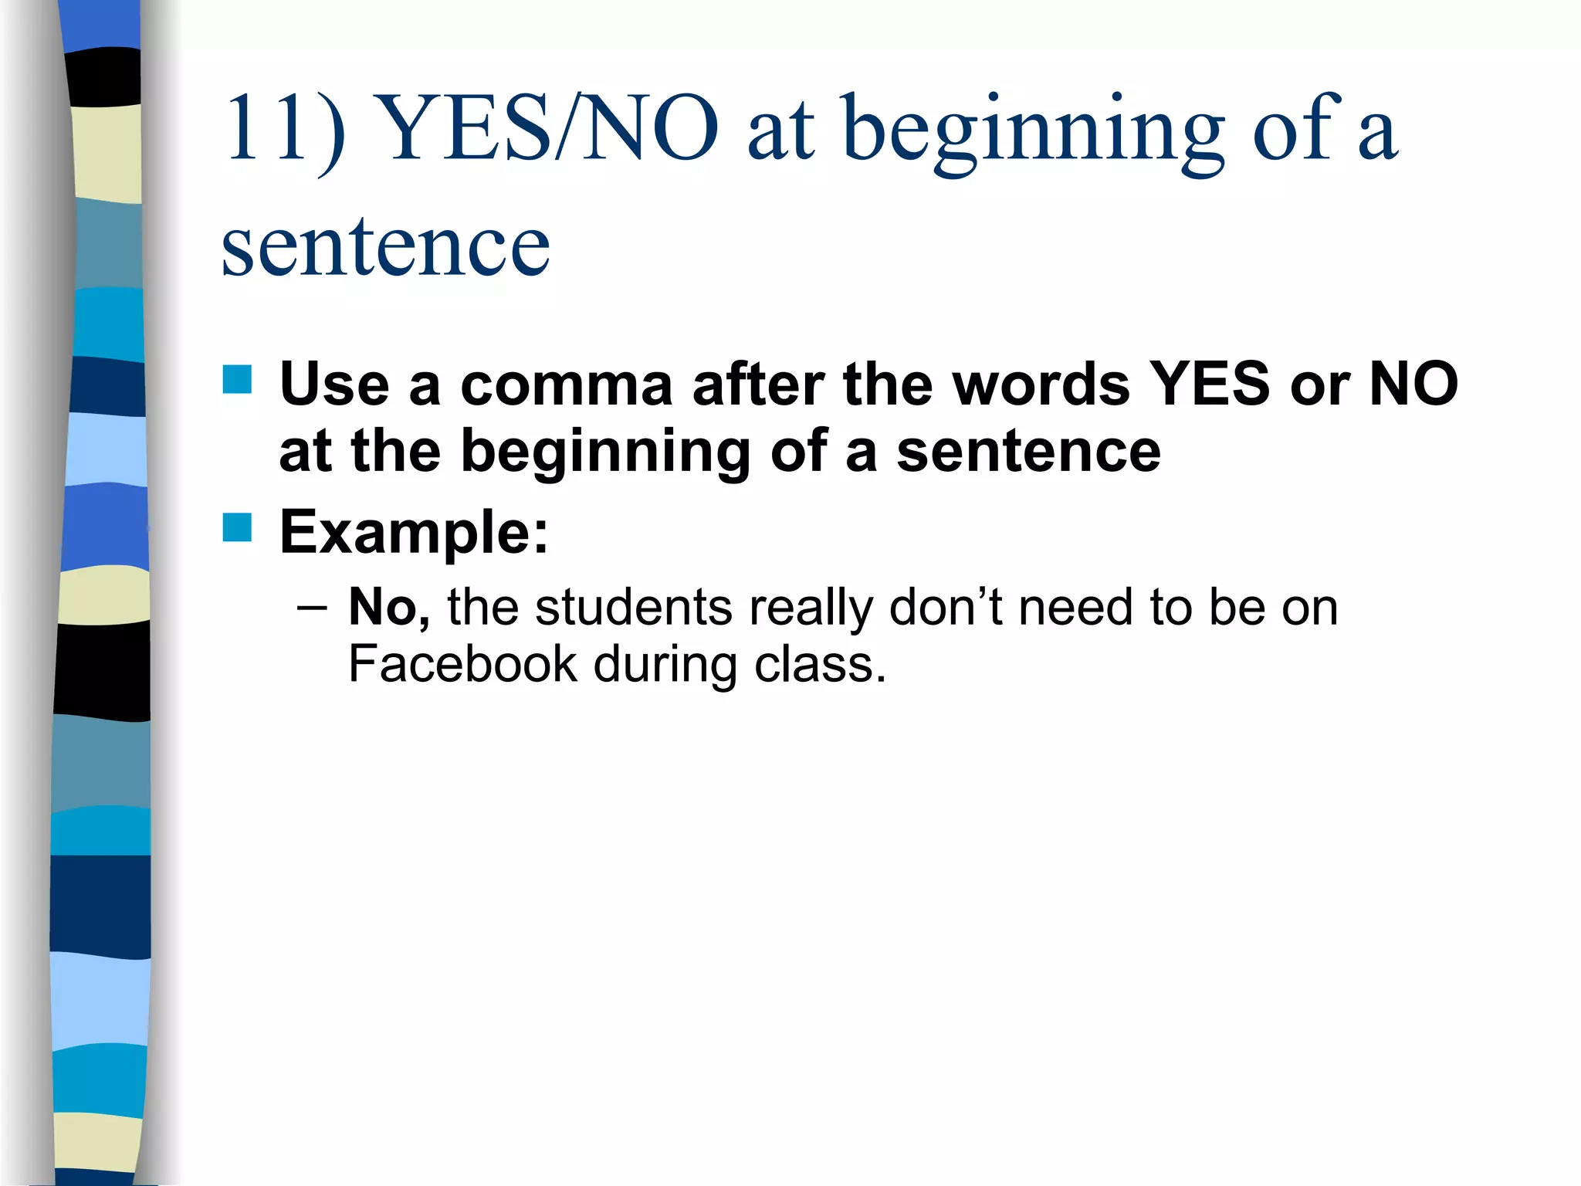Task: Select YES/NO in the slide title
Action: coord(550,130)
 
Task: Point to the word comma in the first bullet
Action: coord(567,385)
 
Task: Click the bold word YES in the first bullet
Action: coord(1210,384)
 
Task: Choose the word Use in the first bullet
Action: coord(334,384)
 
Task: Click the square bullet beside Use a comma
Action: coord(237,380)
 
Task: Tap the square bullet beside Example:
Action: coord(237,528)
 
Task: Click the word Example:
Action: coord(414,532)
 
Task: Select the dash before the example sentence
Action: coord(311,608)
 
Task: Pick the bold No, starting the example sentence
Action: coord(389,608)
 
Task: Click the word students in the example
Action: coord(633,608)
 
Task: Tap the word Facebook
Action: coord(462,664)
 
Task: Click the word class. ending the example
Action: coord(820,664)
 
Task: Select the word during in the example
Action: coord(665,664)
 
